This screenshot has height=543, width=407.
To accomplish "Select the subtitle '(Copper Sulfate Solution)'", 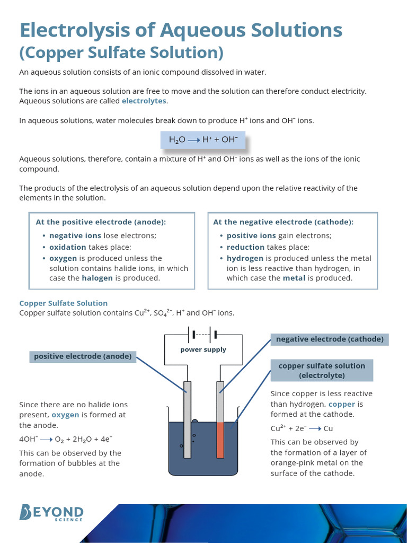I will pyautogui.click(x=121, y=53).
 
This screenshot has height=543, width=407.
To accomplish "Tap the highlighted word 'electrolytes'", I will pyautogui.click(x=144, y=101).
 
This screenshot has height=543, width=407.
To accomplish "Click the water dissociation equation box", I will pyautogui.click(x=203, y=140).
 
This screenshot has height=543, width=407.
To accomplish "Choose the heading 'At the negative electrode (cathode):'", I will pyautogui.click(x=283, y=222).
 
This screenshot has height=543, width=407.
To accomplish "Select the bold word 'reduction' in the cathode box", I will pyautogui.click(x=245, y=247).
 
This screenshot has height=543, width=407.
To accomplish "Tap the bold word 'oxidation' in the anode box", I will pyautogui.click(x=67, y=247).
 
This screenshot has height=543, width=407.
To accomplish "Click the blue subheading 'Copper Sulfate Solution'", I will pyautogui.click(x=63, y=303).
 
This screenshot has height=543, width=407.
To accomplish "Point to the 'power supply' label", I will pyautogui.click(x=203, y=349).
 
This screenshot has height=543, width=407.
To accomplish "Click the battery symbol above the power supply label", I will pyautogui.click(x=203, y=335).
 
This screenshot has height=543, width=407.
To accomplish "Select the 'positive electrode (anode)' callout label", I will pyautogui.click(x=83, y=356).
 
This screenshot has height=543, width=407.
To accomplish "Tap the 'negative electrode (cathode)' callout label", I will pyautogui.click(x=330, y=339).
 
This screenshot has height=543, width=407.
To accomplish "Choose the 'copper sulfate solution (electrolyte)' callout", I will pyautogui.click(x=322, y=370).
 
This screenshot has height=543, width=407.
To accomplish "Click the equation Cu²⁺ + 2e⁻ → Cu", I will pyautogui.click(x=302, y=428).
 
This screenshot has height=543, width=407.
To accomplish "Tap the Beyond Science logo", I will pyautogui.click(x=51, y=513).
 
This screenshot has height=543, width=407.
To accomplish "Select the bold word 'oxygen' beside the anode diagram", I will pyautogui.click(x=65, y=415).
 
